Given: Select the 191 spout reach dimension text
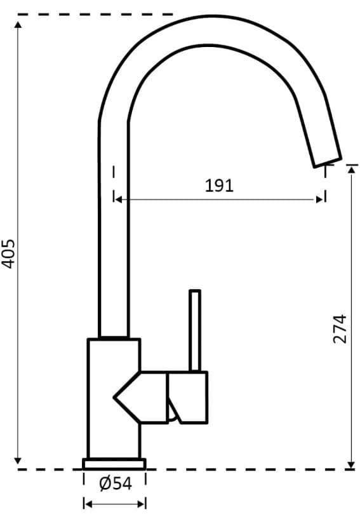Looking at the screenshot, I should (219, 186).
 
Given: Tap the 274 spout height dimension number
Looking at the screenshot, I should (340, 328).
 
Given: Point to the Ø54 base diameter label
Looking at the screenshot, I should (115, 484).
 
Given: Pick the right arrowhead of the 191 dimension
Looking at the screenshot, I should (321, 200).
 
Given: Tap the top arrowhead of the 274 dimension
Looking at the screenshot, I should (351, 169).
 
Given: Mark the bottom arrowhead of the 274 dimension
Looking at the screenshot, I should (351, 464).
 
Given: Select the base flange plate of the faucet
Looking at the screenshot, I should (114, 463).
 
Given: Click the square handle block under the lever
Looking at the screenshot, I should (187, 396).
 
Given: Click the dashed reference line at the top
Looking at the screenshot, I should (95, 13).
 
